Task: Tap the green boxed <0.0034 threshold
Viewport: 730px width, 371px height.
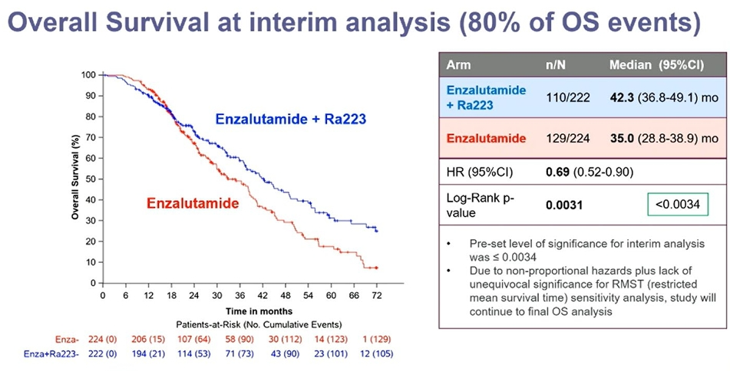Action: pos(677,205)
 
